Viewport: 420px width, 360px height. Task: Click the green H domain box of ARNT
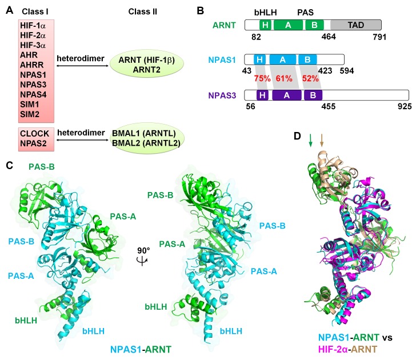click(265, 26)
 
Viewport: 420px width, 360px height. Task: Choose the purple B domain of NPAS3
click(312, 97)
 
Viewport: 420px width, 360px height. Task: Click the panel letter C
click(8, 165)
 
